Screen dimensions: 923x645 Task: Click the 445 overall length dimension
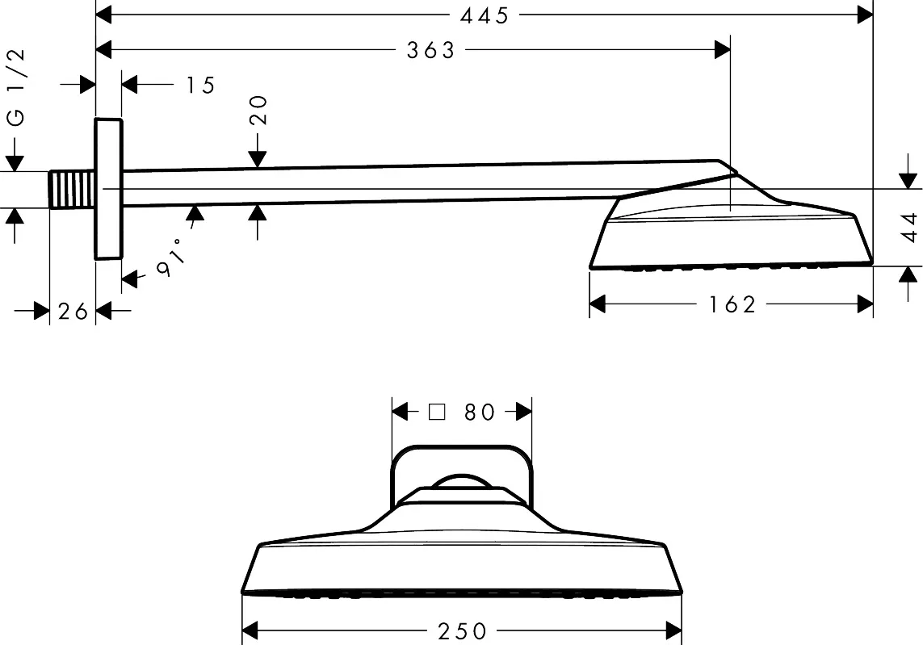pos(484,16)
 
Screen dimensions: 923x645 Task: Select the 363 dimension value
pos(431,51)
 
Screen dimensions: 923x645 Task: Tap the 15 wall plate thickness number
pos(201,86)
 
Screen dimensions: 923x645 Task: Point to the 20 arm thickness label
pos(258,110)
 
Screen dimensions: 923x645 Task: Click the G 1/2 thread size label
pos(16,87)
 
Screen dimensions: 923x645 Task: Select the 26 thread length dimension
pos(73,312)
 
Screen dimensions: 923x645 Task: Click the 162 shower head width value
pos(732,305)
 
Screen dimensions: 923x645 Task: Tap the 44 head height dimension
pos(910,227)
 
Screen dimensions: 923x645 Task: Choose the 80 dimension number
pos(480,413)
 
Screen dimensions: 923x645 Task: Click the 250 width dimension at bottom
pos(462,631)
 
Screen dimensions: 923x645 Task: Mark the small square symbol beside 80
pos(437,412)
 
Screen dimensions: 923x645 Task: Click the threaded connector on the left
pos(72,190)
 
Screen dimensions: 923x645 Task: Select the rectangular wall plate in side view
pos(108,189)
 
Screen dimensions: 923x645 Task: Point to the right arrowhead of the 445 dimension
pos(865,15)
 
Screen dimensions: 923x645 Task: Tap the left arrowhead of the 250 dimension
pos(250,631)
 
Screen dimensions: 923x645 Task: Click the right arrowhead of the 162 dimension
pos(865,304)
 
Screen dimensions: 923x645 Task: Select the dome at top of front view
pos(462,480)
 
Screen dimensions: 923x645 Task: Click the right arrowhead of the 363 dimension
pos(722,50)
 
